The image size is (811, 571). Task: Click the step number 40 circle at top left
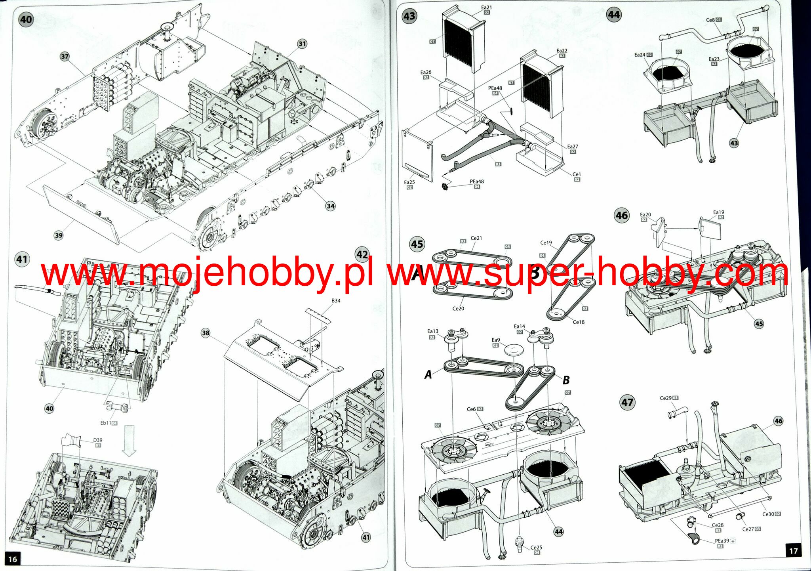26,19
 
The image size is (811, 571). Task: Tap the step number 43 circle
409,16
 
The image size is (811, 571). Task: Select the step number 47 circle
627,403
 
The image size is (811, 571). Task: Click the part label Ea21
486,8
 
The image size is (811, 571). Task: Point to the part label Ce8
710,20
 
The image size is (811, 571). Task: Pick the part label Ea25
409,182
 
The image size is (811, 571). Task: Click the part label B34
336,301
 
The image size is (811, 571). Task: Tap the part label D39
97,440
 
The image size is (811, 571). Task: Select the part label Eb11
106,423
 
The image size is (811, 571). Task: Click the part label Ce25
536,548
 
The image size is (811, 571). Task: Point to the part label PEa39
722,541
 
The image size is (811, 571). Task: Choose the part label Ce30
768,514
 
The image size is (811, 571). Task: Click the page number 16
13,559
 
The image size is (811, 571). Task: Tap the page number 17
793,551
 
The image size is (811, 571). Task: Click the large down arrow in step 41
129,440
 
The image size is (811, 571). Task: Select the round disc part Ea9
514,350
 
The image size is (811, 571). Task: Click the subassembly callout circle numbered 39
59,235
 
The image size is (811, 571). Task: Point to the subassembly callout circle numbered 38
206,333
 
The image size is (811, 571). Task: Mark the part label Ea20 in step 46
645,215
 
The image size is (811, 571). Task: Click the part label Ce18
578,322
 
